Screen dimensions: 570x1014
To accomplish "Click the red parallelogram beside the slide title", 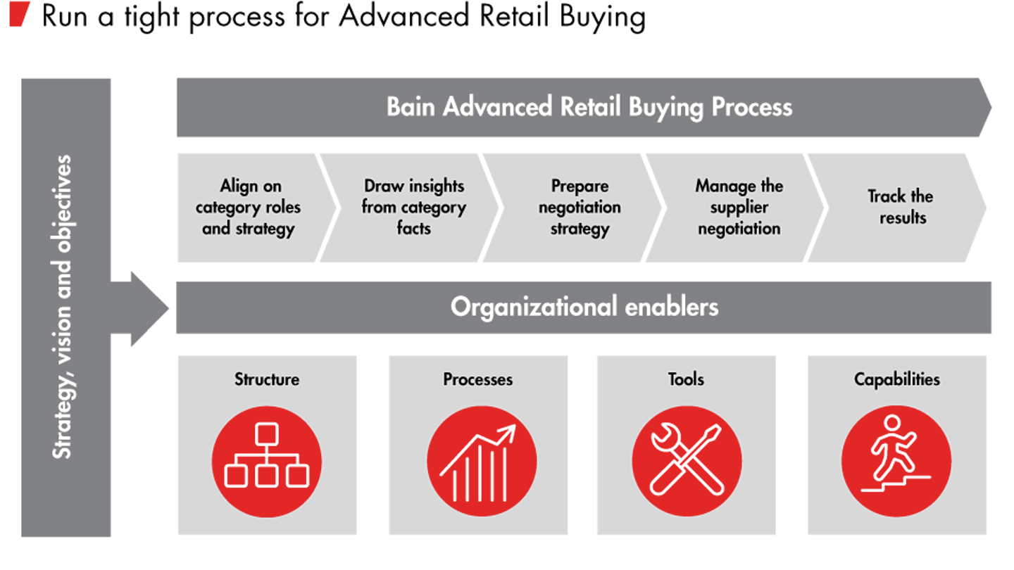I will (x=19, y=15).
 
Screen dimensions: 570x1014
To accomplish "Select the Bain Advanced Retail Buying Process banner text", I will (x=589, y=107).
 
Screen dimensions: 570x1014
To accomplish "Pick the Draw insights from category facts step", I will (x=413, y=208).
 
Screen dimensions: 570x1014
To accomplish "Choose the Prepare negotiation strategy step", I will (x=579, y=208).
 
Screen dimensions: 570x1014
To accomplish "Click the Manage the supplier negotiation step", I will (x=739, y=208).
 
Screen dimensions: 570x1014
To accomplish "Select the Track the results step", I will (x=901, y=207).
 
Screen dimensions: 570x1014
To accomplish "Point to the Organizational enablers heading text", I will (x=584, y=308).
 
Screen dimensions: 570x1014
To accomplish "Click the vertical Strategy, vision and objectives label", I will (x=63, y=308).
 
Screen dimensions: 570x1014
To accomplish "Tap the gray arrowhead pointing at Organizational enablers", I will (x=149, y=308).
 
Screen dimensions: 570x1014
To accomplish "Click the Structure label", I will (x=267, y=379).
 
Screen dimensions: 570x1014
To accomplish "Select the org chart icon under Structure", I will (x=267, y=461).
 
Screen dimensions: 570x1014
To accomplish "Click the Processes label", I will (x=477, y=379).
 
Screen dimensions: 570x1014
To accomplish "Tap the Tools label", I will (x=686, y=379).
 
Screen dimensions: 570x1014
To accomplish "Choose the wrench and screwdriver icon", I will (x=686, y=461).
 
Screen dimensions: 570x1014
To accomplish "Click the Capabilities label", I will (x=896, y=379).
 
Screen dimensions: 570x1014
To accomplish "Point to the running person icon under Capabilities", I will (x=896, y=461).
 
